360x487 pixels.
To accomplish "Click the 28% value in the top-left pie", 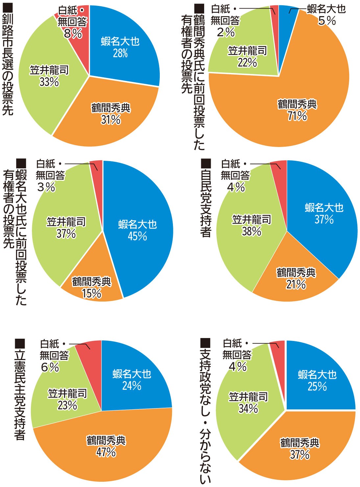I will pyautogui.click(x=120, y=53).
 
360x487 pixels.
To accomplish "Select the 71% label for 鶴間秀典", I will pyautogui.click(x=297, y=116).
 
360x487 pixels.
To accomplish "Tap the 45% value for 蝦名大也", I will pyautogui.click(x=137, y=236).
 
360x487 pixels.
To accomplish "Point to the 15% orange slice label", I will pyautogui.click(x=92, y=293).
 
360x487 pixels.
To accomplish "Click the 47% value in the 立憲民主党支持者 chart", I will pyautogui.click(x=106, y=452).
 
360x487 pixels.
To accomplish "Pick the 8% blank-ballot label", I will pyautogui.click(x=73, y=33).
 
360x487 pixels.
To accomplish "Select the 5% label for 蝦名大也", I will pyautogui.click(x=327, y=21).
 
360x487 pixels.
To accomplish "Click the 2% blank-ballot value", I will pyautogui.click(x=226, y=32).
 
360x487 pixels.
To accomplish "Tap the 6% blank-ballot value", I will pyautogui.click(x=50, y=367).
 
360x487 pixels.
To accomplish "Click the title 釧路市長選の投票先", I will pyautogui.click(x=8, y=61).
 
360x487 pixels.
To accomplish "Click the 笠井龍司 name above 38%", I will pyautogui.click(x=252, y=219).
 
